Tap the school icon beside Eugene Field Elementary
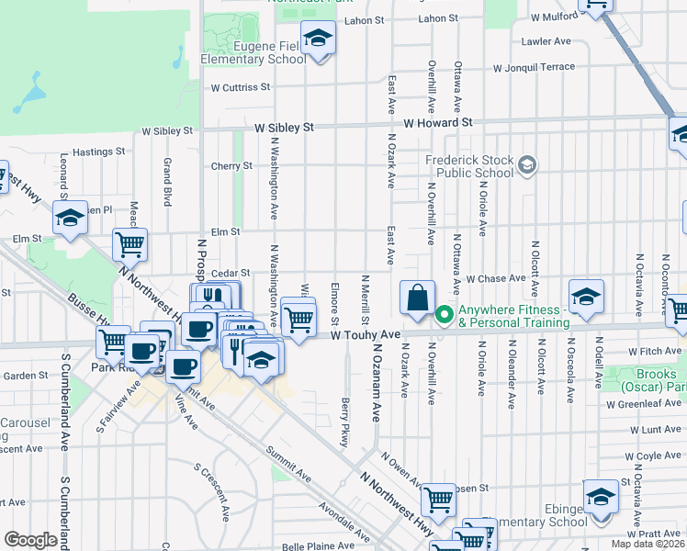click(x=319, y=39)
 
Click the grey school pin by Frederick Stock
click(x=527, y=165)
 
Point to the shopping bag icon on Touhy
click(x=417, y=298)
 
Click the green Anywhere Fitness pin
click(x=445, y=315)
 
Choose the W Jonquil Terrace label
click(x=534, y=68)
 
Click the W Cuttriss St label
click(x=241, y=88)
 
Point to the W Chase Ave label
click(x=494, y=278)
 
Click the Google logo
click(x=30, y=540)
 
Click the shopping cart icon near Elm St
click(x=130, y=244)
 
